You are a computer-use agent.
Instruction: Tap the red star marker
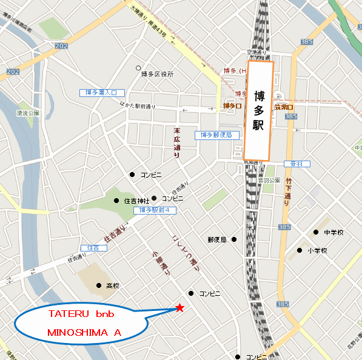tap(180, 308)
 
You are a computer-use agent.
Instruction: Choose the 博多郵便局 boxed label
tap(213, 135)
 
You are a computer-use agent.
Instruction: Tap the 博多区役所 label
tap(157, 74)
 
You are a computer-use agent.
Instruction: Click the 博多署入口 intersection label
tap(102, 93)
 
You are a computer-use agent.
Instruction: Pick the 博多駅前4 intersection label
tap(154, 210)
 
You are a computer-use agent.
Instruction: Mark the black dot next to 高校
tap(99, 285)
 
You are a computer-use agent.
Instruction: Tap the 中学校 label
tap(334, 233)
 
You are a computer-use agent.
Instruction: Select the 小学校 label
tap(317, 250)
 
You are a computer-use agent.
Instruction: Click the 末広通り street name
tap(177, 142)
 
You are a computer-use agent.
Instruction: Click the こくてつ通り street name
tap(185, 252)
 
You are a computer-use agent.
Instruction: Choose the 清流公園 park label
tap(28, 113)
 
